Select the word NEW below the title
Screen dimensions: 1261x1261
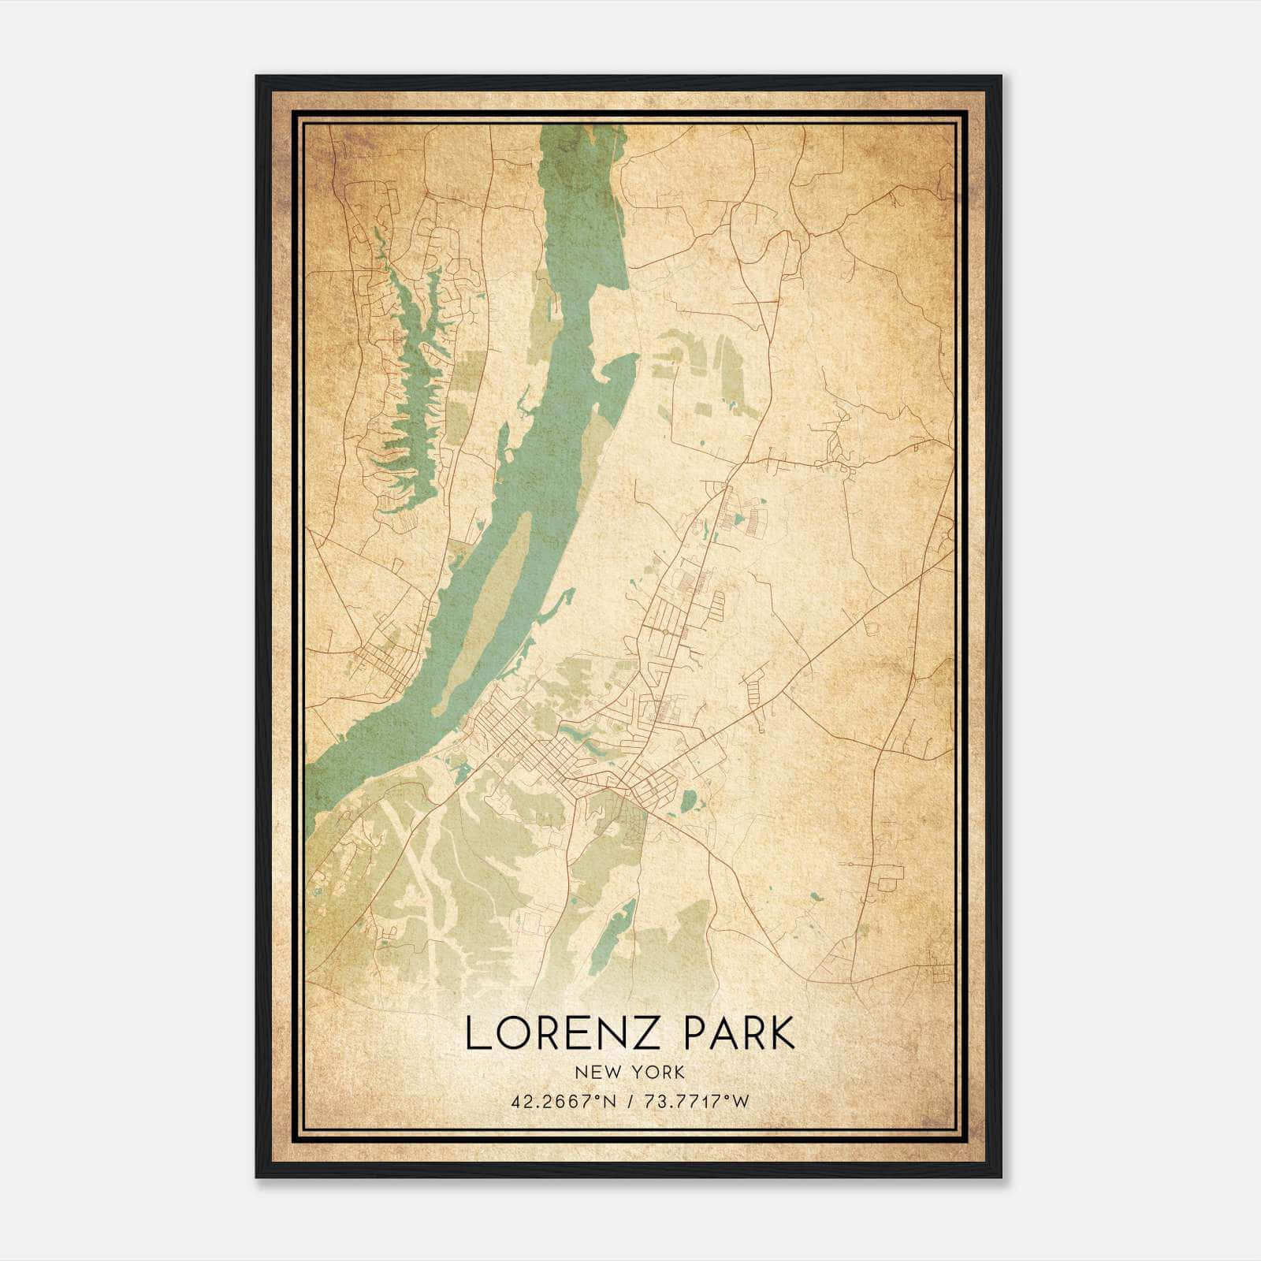(x=595, y=1072)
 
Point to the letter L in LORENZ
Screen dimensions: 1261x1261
(x=475, y=1033)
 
